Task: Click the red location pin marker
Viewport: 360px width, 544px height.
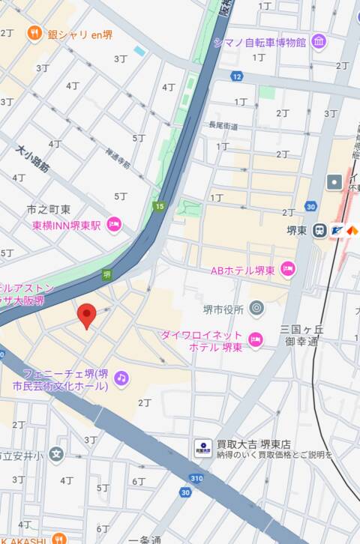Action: (87, 315)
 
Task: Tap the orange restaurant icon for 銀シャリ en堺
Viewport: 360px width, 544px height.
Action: (33, 33)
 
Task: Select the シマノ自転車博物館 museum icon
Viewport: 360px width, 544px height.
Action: (319, 41)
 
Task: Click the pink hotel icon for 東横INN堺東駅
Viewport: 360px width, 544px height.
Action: (114, 224)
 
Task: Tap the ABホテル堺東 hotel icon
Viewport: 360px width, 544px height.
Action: (287, 269)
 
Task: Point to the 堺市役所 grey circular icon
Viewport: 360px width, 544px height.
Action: (256, 307)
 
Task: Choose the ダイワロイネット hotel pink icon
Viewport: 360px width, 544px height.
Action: (255, 340)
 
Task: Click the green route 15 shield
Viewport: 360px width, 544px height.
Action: (158, 206)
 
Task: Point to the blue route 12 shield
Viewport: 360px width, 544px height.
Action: (237, 76)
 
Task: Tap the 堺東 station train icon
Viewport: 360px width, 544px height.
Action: (319, 230)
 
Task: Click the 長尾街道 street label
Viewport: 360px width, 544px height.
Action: (223, 126)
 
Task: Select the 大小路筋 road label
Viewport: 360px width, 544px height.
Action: (32, 159)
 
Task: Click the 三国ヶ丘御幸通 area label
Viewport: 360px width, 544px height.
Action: (301, 335)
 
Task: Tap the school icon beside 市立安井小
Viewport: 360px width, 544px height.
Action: (55, 453)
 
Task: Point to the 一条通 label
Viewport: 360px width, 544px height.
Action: (145, 539)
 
